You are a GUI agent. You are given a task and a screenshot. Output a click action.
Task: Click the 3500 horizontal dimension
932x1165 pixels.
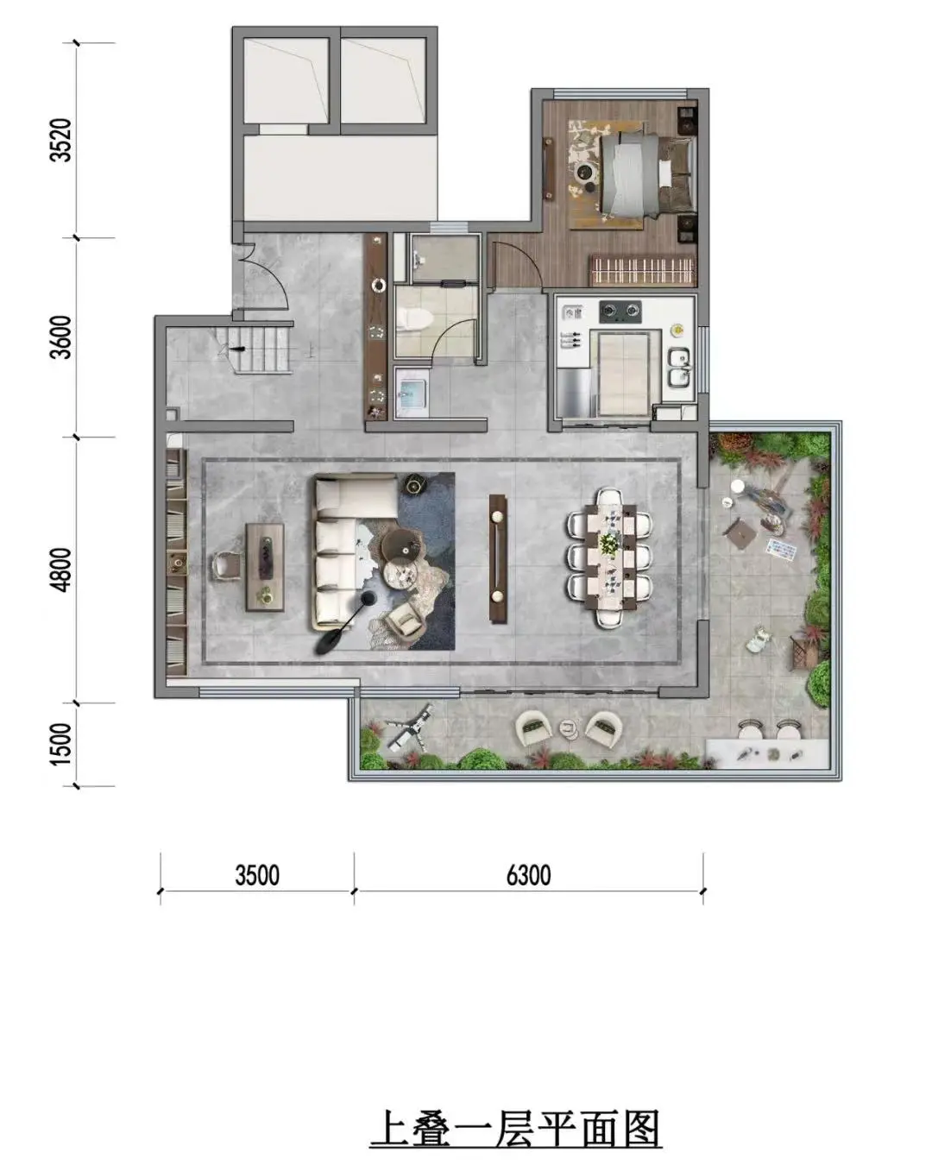point(257,875)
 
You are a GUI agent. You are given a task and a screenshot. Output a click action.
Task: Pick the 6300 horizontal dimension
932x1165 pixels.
point(528,875)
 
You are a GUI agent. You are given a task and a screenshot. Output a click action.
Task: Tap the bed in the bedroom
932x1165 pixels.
point(648,174)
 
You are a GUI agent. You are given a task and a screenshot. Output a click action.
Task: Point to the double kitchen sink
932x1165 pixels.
point(679,368)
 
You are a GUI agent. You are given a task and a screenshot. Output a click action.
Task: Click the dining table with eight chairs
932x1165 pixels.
point(609,557)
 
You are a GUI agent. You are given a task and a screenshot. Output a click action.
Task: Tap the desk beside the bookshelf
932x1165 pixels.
point(265,567)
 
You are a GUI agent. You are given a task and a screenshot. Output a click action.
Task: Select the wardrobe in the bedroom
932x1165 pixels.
point(642,269)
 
